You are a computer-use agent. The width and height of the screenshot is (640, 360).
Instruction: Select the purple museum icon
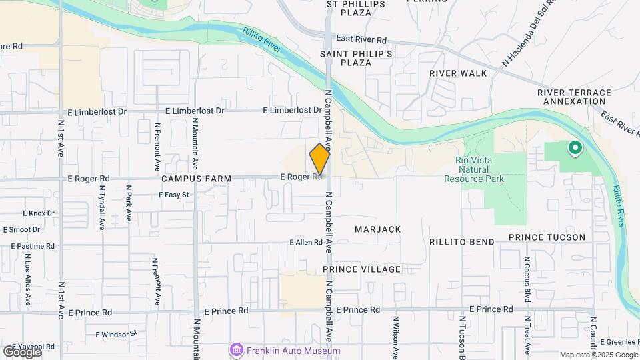[x=236, y=350]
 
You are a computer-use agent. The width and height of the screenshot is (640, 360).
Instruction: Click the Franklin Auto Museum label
[x=293, y=351]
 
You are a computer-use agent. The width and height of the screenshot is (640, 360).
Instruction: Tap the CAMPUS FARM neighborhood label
[x=197, y=179]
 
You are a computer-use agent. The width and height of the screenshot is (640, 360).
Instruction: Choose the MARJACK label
[x=377, y=229]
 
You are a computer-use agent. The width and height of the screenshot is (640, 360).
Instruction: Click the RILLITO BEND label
[x=462, y=242]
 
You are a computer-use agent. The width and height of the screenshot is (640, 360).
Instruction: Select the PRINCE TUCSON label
[x=547, y=237]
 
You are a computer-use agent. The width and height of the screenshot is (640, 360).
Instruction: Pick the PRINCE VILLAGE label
[x=362, y=269]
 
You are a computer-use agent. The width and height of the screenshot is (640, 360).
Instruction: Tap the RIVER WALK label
[x=458, y=73]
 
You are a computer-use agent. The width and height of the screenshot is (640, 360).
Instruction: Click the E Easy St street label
[x=174, y=195]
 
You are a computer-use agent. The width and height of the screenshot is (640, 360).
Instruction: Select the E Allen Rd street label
[x=306, y=243]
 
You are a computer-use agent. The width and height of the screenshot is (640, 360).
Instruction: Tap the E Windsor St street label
[x=116, y=333]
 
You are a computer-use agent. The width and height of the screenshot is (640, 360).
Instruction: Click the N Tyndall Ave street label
[x=101, y=212]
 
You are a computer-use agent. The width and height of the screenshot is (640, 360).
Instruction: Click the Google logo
[x=22, y=351]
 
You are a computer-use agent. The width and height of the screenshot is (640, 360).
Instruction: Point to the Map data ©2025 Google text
[x=597, y=355]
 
